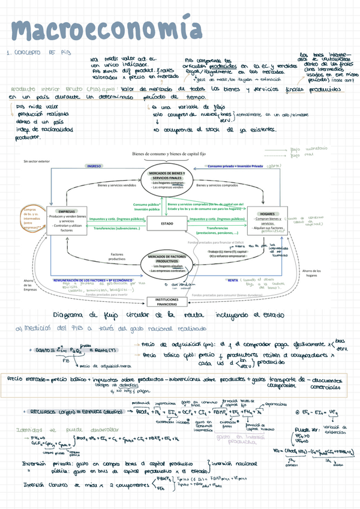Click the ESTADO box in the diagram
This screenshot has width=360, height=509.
[x=167, y=223]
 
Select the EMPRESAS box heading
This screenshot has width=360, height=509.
[x=67, y=211]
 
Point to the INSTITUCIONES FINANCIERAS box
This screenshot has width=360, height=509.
[x=167, y=301]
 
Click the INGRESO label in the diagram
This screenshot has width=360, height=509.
[x=94, y=166]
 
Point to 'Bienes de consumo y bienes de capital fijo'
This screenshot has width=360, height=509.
[x=167, y=154]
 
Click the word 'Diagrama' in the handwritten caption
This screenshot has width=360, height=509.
[x=70, y=315]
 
